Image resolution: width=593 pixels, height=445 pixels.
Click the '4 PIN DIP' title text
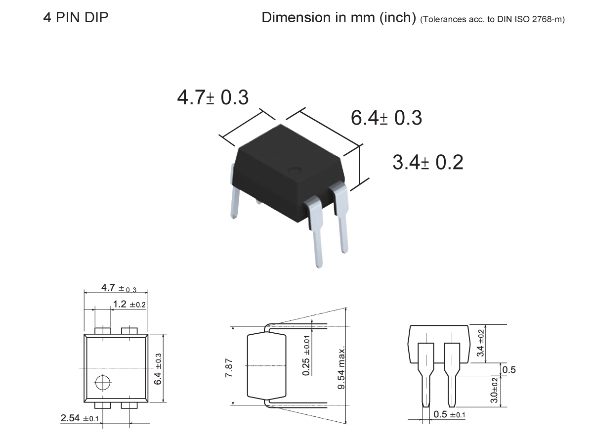click(x=76, y=18)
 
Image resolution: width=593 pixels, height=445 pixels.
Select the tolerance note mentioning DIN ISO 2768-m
click(x=492, y=19)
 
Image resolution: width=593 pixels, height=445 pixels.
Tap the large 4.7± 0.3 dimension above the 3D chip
click(x=212, y=97)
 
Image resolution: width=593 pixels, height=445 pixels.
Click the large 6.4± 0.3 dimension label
click(x=386, y=118)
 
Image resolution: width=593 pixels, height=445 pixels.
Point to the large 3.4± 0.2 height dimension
click(x=427, y=162)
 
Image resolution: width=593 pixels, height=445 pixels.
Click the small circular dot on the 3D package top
click(x=295, y=171)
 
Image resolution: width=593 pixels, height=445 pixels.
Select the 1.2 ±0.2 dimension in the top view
click(x=129, y=305)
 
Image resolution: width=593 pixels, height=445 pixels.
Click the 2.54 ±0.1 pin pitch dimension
click(x=80, y=419)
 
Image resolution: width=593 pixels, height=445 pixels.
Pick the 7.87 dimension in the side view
click(x=237, y=366)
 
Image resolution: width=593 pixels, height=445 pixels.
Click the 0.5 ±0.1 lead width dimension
click(x=449, y=414)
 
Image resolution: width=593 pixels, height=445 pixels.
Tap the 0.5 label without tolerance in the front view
click(x=508, y=370)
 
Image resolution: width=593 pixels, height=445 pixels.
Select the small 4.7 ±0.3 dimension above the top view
click(x=118, y=288)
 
